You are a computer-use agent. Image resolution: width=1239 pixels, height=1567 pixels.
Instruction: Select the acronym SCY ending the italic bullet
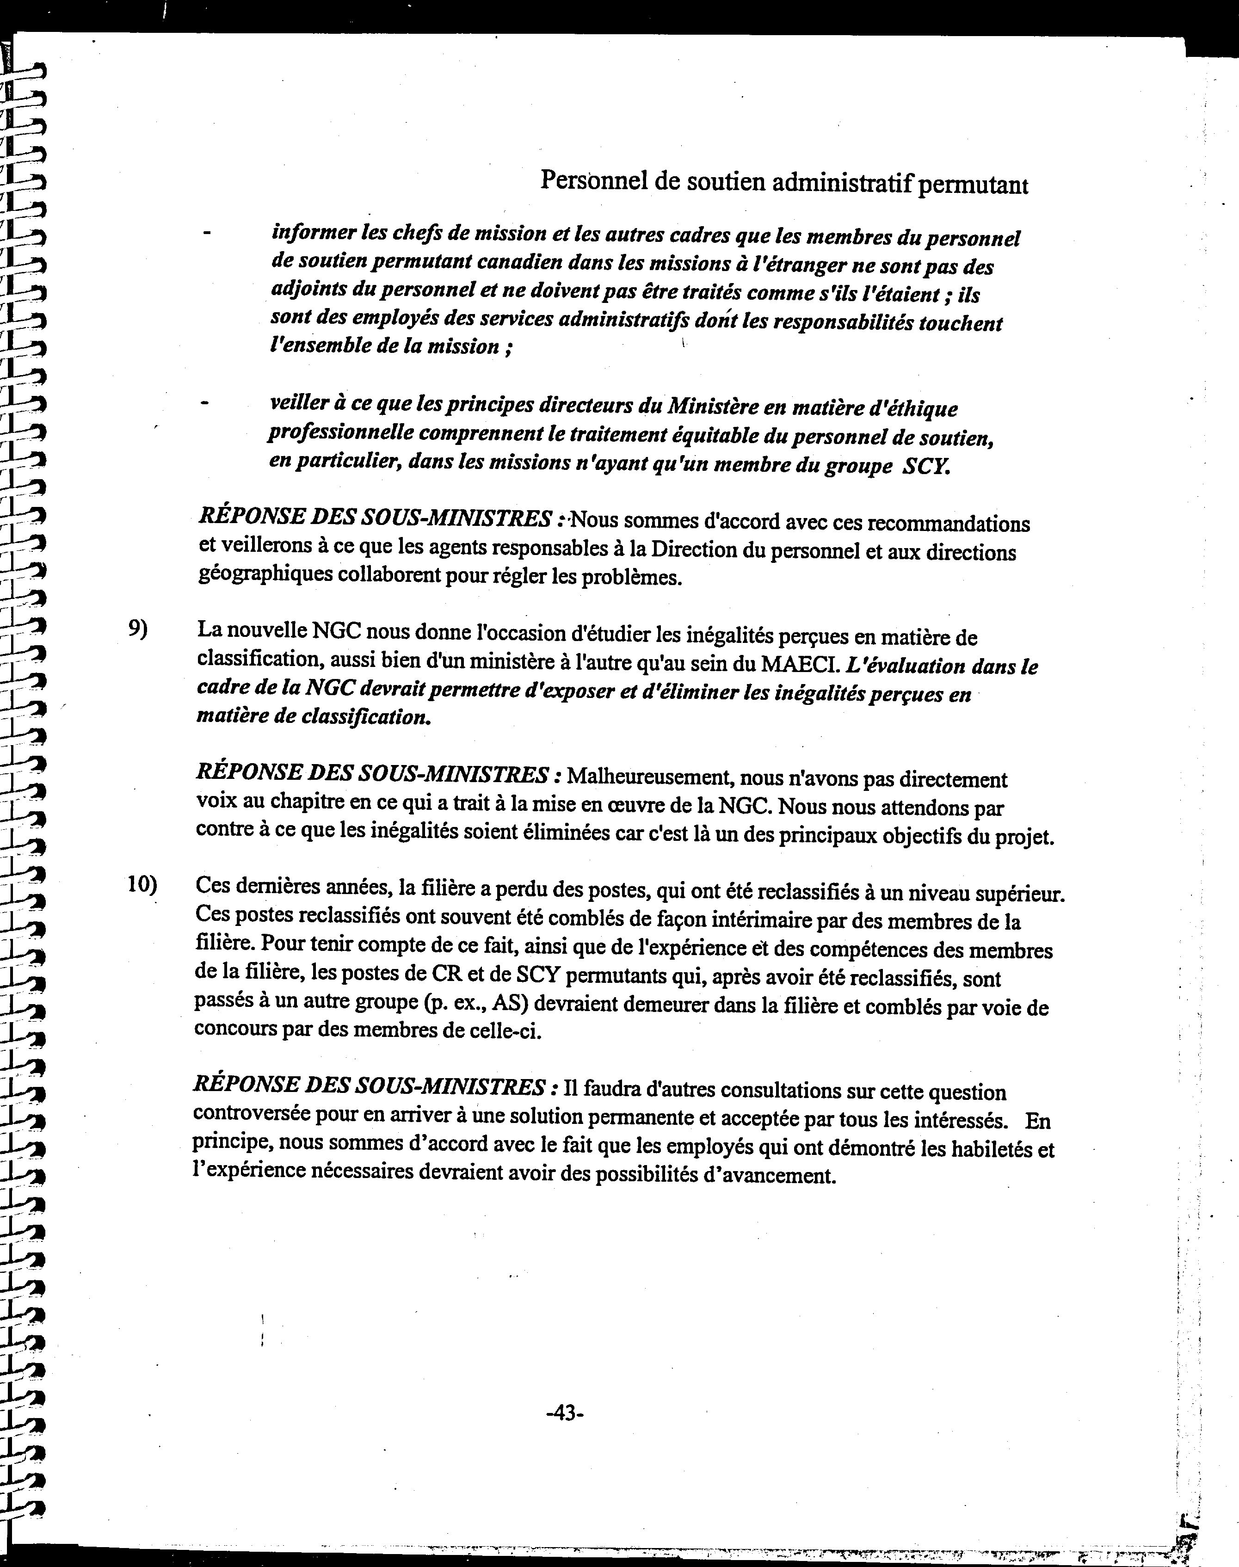pyautogui.click(x=925, y=467)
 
